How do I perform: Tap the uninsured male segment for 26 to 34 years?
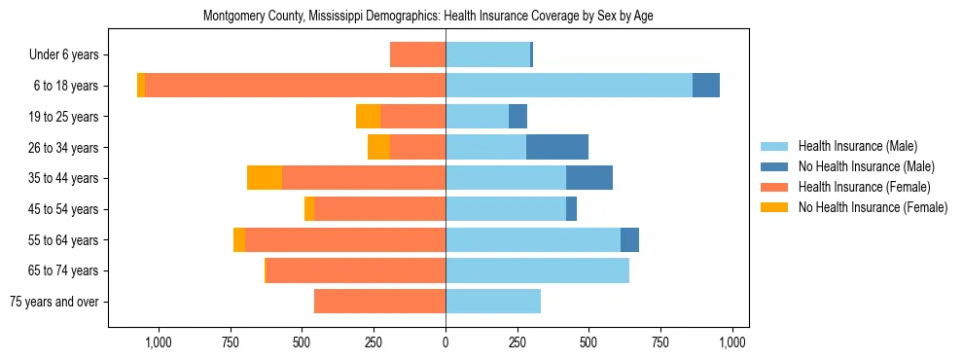point(557,147)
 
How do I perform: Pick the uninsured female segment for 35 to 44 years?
point(265,178)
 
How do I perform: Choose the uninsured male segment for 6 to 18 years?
point(706,86)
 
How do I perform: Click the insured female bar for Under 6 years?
point(417,54)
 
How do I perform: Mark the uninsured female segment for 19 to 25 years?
point(368,117)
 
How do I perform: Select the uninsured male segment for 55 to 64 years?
point(629,239)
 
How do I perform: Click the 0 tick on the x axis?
point(446,342)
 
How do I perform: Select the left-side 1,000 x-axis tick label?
point(159,342)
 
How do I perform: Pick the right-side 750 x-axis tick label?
point(660,342)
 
